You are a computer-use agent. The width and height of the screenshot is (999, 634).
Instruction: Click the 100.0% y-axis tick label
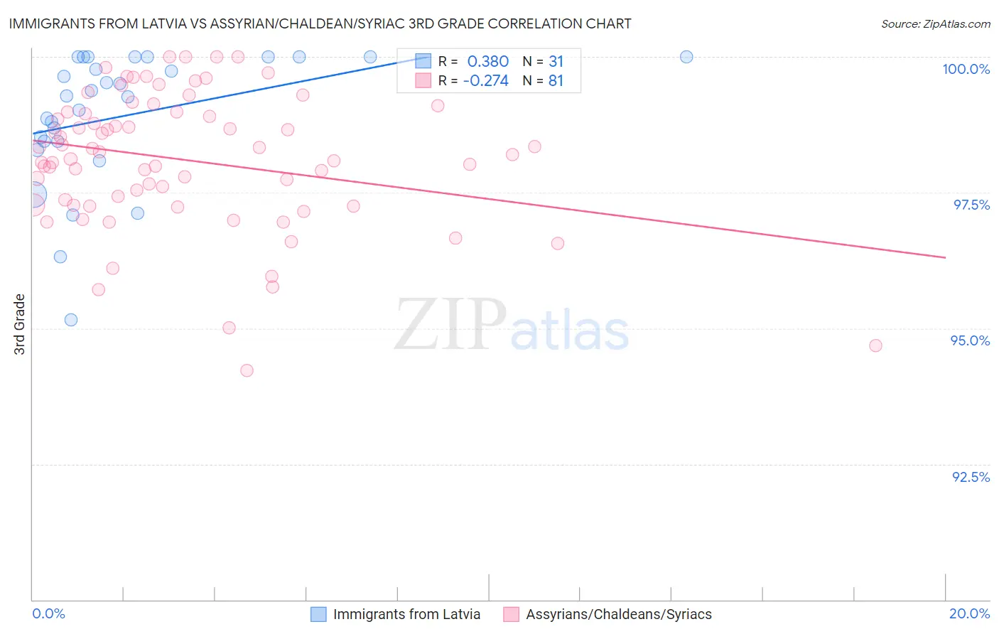[x=966, y=69]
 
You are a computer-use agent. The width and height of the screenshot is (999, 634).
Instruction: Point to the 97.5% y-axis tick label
[x=971, y=205]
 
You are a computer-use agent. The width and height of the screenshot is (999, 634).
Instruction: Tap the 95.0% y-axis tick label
[x=970, y=340]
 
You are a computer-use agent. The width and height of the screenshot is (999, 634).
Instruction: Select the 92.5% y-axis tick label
[x=971, y=477]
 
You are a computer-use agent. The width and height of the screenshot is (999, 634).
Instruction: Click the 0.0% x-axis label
[x=48, y=613]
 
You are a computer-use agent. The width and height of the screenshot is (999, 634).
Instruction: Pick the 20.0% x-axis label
[x=969, y=613]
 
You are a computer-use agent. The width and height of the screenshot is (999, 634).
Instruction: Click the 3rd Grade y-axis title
[x=20, y=324]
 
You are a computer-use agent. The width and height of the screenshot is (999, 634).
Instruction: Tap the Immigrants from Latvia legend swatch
[x=318, y=614]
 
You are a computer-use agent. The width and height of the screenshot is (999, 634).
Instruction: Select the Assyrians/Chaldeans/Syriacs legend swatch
[x=511, y=614]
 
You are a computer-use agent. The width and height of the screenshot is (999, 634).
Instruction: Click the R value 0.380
[x=487, y=62]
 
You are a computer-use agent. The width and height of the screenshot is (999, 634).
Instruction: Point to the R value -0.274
[x=485, y=81]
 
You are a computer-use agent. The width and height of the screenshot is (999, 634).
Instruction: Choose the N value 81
[x=556, y=81]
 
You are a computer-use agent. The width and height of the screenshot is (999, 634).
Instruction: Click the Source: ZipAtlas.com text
[x=935, y=24]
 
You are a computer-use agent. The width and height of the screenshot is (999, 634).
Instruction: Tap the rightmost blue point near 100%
[x=686, y=57]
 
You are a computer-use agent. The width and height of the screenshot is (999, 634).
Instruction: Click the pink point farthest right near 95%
[x=875, y=345]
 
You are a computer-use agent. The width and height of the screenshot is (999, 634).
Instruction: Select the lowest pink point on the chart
[x=247, y=370]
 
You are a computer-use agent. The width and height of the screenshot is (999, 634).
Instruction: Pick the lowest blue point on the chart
[x=71, y=320]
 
